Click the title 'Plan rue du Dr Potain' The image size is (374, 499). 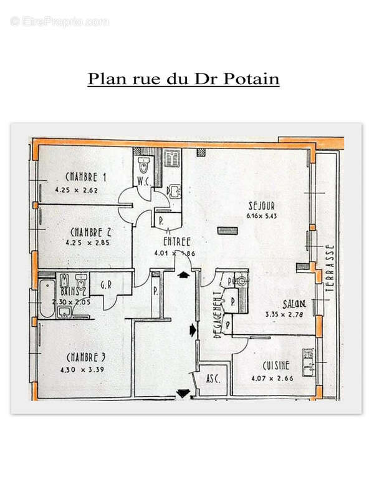(x=183, y=79)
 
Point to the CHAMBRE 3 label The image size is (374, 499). (x=86, y=357)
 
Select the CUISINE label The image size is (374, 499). (x=274, y=366)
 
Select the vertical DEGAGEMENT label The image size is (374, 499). (x=218, y=315)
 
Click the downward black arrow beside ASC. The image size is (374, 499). (x=183, y=394)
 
